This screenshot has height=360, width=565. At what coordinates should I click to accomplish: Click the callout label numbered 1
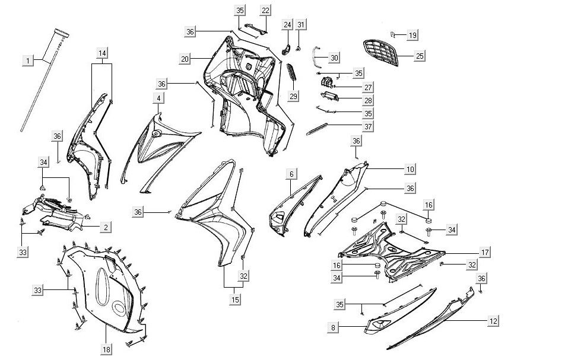click(28, 60)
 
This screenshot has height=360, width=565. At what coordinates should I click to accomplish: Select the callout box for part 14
click(102, 53)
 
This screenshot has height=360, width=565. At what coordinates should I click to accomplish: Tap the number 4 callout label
click(158, 98)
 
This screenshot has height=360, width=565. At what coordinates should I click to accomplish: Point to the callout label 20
click(185, 59)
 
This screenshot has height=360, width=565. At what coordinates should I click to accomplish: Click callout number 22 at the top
click(265, 11)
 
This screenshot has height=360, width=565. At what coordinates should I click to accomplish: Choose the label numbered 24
click(287, 25)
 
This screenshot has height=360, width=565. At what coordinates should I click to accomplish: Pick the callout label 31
click(301, 25)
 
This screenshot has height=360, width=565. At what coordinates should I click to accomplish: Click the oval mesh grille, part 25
click(381, 53)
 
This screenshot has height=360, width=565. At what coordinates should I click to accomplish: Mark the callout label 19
click(412, 35)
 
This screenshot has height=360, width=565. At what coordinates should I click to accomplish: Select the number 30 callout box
click(334, 58)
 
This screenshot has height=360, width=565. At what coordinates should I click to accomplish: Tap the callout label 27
click(368, 88)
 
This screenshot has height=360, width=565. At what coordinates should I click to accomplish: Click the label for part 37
click(368, 127)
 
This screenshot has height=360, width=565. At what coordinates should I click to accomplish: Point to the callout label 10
click(411, 169)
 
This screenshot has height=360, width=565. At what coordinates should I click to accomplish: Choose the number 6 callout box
click(291, 174)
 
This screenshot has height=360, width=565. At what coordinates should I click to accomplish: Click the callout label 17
click(485, 253)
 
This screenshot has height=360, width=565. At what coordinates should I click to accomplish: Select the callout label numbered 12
click(493, 321)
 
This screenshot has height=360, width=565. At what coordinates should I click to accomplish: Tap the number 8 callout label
click(333, 327)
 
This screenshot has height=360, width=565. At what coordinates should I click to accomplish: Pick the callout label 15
click(235, 300)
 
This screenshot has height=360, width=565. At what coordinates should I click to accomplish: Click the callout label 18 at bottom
click(106, 349)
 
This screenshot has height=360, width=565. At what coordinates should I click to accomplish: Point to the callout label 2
click(106, 228)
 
